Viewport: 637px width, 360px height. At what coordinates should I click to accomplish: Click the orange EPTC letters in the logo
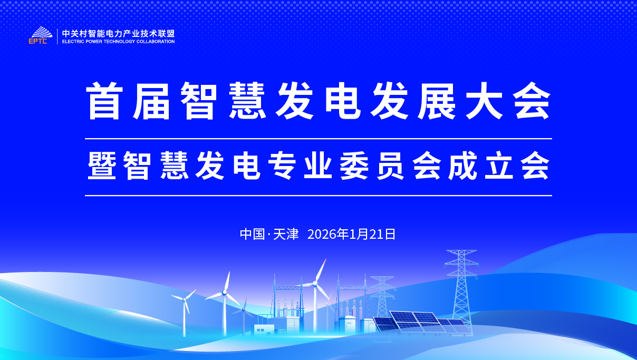(38, 41)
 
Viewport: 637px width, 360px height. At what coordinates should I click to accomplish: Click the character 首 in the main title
(104, 101)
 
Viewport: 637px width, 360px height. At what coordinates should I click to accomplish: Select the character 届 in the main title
(151, 101)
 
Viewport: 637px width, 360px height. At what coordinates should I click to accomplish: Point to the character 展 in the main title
(437, 101)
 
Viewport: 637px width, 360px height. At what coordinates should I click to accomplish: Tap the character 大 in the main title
(484, 101)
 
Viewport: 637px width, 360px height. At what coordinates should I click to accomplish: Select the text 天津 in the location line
(286, 235)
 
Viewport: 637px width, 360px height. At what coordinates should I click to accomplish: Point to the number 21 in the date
(375, 235)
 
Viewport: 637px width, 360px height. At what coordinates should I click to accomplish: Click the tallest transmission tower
(461, 293)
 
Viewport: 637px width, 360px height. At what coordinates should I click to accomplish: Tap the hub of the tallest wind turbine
(315, 284)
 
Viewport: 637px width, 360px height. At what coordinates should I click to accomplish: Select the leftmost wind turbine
(184, 313)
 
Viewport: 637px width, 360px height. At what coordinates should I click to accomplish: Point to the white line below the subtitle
(318, 196)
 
